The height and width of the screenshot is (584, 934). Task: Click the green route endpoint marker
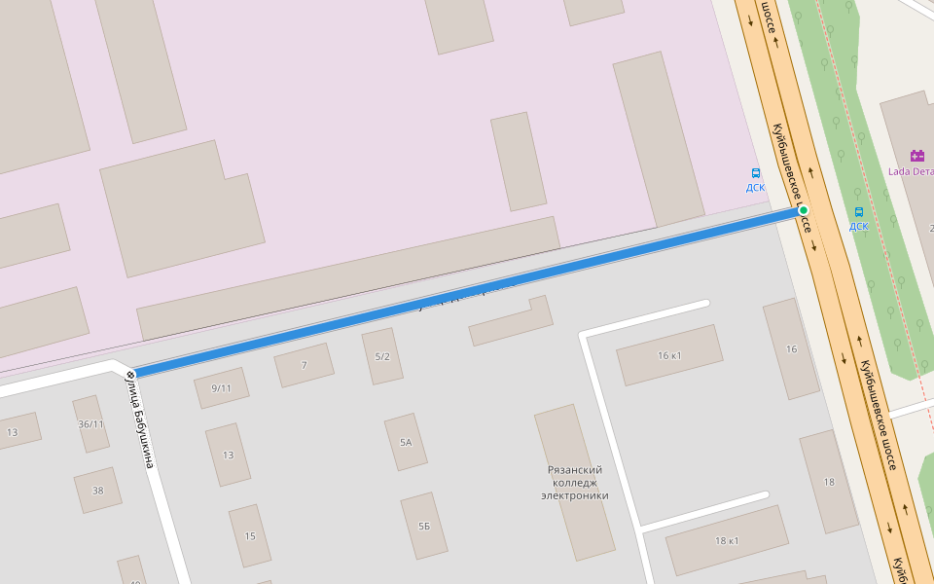pos(804,210)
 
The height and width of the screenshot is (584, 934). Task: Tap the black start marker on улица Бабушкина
pos(129,374)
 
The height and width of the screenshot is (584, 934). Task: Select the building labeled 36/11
pos(90,423)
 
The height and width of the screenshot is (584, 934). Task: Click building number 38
pos(98,491)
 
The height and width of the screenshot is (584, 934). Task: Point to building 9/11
pos(221,387)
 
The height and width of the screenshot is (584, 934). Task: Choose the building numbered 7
pos(304,365)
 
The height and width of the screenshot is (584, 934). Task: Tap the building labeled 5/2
pos(382,356)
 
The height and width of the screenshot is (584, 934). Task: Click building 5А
pos(406,442)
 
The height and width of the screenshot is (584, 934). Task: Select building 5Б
pos(424,526)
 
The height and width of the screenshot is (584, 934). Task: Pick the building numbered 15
pos(250,535)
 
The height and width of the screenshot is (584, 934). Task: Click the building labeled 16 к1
pos(669,355)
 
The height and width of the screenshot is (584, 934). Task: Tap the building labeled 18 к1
pos(727,540)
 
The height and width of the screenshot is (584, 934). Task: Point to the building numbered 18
pos(829,482)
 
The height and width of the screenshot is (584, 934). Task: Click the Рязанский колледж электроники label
pos(574,482)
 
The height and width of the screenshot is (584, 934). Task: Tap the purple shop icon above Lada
pos(916,156)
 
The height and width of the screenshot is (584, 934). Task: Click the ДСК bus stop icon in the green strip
pos(858,212)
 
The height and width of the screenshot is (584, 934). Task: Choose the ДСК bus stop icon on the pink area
pos(756,173)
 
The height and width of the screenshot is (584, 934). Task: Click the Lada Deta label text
pos(910,171)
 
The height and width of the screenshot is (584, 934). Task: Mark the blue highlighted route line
pos(467,291)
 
